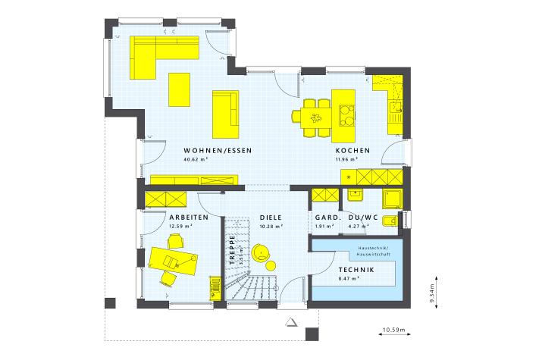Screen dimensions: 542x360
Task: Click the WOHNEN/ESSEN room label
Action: pos(218,151)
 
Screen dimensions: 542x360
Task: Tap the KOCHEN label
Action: pos(353,151)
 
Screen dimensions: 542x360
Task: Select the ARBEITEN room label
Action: pos(189,218)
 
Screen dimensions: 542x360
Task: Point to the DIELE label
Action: pos(271,218)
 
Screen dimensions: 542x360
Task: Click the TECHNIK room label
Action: pos(356,270)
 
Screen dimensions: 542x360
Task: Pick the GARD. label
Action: pos(328,218)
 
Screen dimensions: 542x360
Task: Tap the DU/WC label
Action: pos(363,218)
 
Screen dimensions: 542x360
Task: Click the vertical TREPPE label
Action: pos(232,250)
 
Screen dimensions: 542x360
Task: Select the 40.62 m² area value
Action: pos(196,160)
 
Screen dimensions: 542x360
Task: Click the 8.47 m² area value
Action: pos(349,278)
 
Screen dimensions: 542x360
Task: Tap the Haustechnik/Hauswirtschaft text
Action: pos(374,251)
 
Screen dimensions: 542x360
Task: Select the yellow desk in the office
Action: pos(173,261)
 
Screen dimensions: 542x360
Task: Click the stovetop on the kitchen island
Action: pos(346,116)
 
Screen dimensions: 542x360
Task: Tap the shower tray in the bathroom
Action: pos(393,199)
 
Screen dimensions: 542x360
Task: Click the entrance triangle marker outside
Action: pos(291,322)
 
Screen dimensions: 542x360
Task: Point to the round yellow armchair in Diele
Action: pos(261,252)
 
